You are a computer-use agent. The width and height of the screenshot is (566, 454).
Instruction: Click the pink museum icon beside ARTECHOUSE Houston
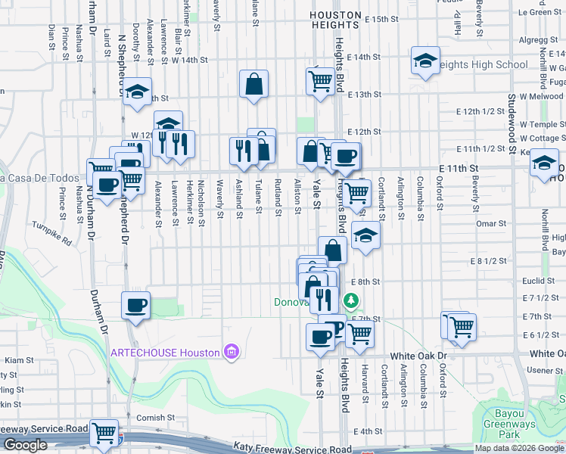(x=231, y=353)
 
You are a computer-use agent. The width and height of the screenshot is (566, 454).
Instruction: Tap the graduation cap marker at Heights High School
(x=425, y=62)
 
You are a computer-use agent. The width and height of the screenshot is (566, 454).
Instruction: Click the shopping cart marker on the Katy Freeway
(x=104, y=434)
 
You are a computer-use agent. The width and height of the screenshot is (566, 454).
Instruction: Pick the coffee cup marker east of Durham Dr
(x=135, y=306)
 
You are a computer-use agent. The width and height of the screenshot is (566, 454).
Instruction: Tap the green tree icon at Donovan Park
(x=350, y=302)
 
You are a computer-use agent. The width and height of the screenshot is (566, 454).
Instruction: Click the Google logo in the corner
(x=25, y=445)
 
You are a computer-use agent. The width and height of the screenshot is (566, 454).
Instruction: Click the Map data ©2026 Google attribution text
(x=519, y=448)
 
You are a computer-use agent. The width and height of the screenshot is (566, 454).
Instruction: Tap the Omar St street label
(x=491, y=223)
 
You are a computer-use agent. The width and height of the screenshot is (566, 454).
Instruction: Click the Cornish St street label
(x=156, y=417)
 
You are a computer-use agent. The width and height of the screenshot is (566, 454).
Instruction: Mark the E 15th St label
(x=381, y=19)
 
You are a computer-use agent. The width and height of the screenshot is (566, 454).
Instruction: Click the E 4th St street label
(x=369, y=431)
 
